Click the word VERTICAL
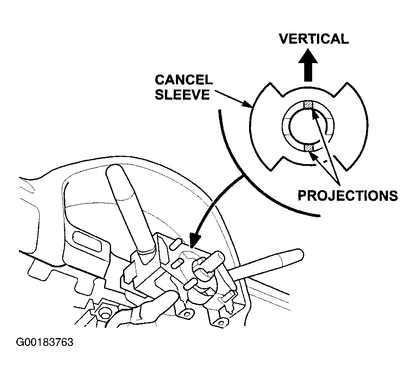(x=313, y=39)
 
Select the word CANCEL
(x=184, y=80)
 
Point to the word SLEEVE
(x=182, y=94)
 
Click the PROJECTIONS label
(x=348, y=195)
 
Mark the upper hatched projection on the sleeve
(x=308, y=105)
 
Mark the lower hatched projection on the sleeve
(x=308, y=148)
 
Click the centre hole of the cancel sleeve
(x=308, y=126)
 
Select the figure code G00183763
(x=45, y=342)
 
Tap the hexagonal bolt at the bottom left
(x=105, y=315)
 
